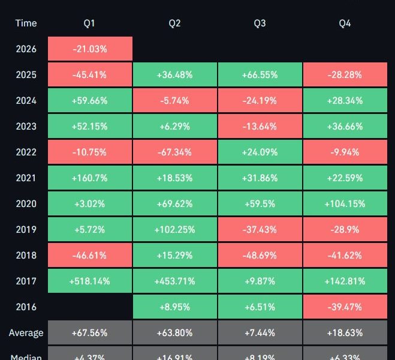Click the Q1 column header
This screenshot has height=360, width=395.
pos(89,23)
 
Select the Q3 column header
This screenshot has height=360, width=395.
pos(260,23)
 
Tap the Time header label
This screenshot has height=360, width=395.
pos(26,23)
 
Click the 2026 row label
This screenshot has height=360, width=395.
pos(26,49)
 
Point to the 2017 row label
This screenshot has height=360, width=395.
pos(26,281)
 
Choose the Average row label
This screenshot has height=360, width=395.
pos(26,332)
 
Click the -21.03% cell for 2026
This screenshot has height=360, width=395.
pos(89,49)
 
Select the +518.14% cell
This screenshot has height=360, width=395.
pos(89,281)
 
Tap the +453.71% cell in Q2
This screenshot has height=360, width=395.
pos(174,281)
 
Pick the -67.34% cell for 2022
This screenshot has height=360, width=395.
pos(174,152)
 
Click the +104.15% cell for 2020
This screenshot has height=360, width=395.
pos(345,203)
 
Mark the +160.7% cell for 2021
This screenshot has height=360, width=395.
pos(89,178)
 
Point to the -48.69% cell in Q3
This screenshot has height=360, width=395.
pos(260,255)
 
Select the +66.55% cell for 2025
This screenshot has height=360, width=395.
pos(260,75)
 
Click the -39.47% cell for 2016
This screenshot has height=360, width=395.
pos(345,307)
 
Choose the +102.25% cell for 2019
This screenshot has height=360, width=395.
pos(174,229)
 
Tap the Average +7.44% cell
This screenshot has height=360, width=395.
pos(260,332)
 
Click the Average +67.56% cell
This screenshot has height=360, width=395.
pos(89,332)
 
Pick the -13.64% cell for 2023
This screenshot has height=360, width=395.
pos(260,126)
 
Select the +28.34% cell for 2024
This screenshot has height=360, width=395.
pos(345,101)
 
